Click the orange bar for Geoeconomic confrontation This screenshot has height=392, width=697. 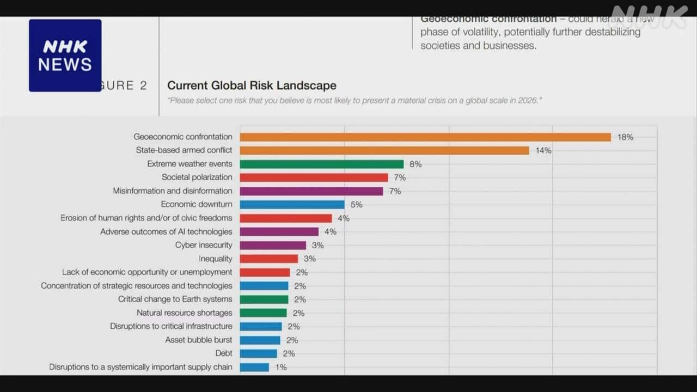click(x=425, y=137)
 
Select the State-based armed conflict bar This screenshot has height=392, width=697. click(x=384, y=150)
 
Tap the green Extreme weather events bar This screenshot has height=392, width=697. click(x=321, y=164)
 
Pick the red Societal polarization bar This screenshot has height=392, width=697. click(x=314, y=177)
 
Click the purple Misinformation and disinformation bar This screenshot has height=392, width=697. click(x=311, y=191)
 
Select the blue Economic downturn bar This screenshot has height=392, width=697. click(x=292, y=205)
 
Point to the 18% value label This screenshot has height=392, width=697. click(x=625, y=137)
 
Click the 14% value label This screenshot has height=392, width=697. click(x=543, y=151)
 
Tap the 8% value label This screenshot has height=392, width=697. click(x=415, y=164)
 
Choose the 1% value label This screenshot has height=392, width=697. click(x=281, y=367)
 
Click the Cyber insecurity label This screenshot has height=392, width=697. click(x=204, y=245)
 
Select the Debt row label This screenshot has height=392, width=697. click(x=224, y=353)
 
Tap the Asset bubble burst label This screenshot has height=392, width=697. click(x=199, y=340)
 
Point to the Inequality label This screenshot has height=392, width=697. click(x=215, y=259)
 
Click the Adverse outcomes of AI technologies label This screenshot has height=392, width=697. click(x=166, y=231)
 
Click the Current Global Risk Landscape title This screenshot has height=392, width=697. click(x=252, y=85)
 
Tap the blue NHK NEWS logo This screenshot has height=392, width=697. click(x=65, y=56)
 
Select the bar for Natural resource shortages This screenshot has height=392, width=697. click(x=263, y=313)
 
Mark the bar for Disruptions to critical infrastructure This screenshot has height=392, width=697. click(x=261, y=327)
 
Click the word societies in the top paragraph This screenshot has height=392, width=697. click(x=439, y=46)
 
